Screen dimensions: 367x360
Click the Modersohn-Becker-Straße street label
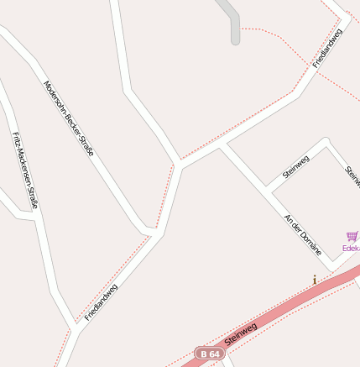(x=68, y=118)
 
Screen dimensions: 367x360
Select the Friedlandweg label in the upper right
(x=327, y=48)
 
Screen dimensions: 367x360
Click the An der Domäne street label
(x=304, y=233)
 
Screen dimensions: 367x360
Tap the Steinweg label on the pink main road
(x=240, y=333)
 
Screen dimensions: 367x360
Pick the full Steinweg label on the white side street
(x=296, y=167)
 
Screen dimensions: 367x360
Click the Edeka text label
(x=351, y=249)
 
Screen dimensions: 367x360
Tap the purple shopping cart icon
(x=351, y=237)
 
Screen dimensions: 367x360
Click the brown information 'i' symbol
(x=315, y=280)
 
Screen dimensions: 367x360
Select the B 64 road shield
(x=211, y=355)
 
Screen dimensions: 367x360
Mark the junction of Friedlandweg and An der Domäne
(x=220, y=147)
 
